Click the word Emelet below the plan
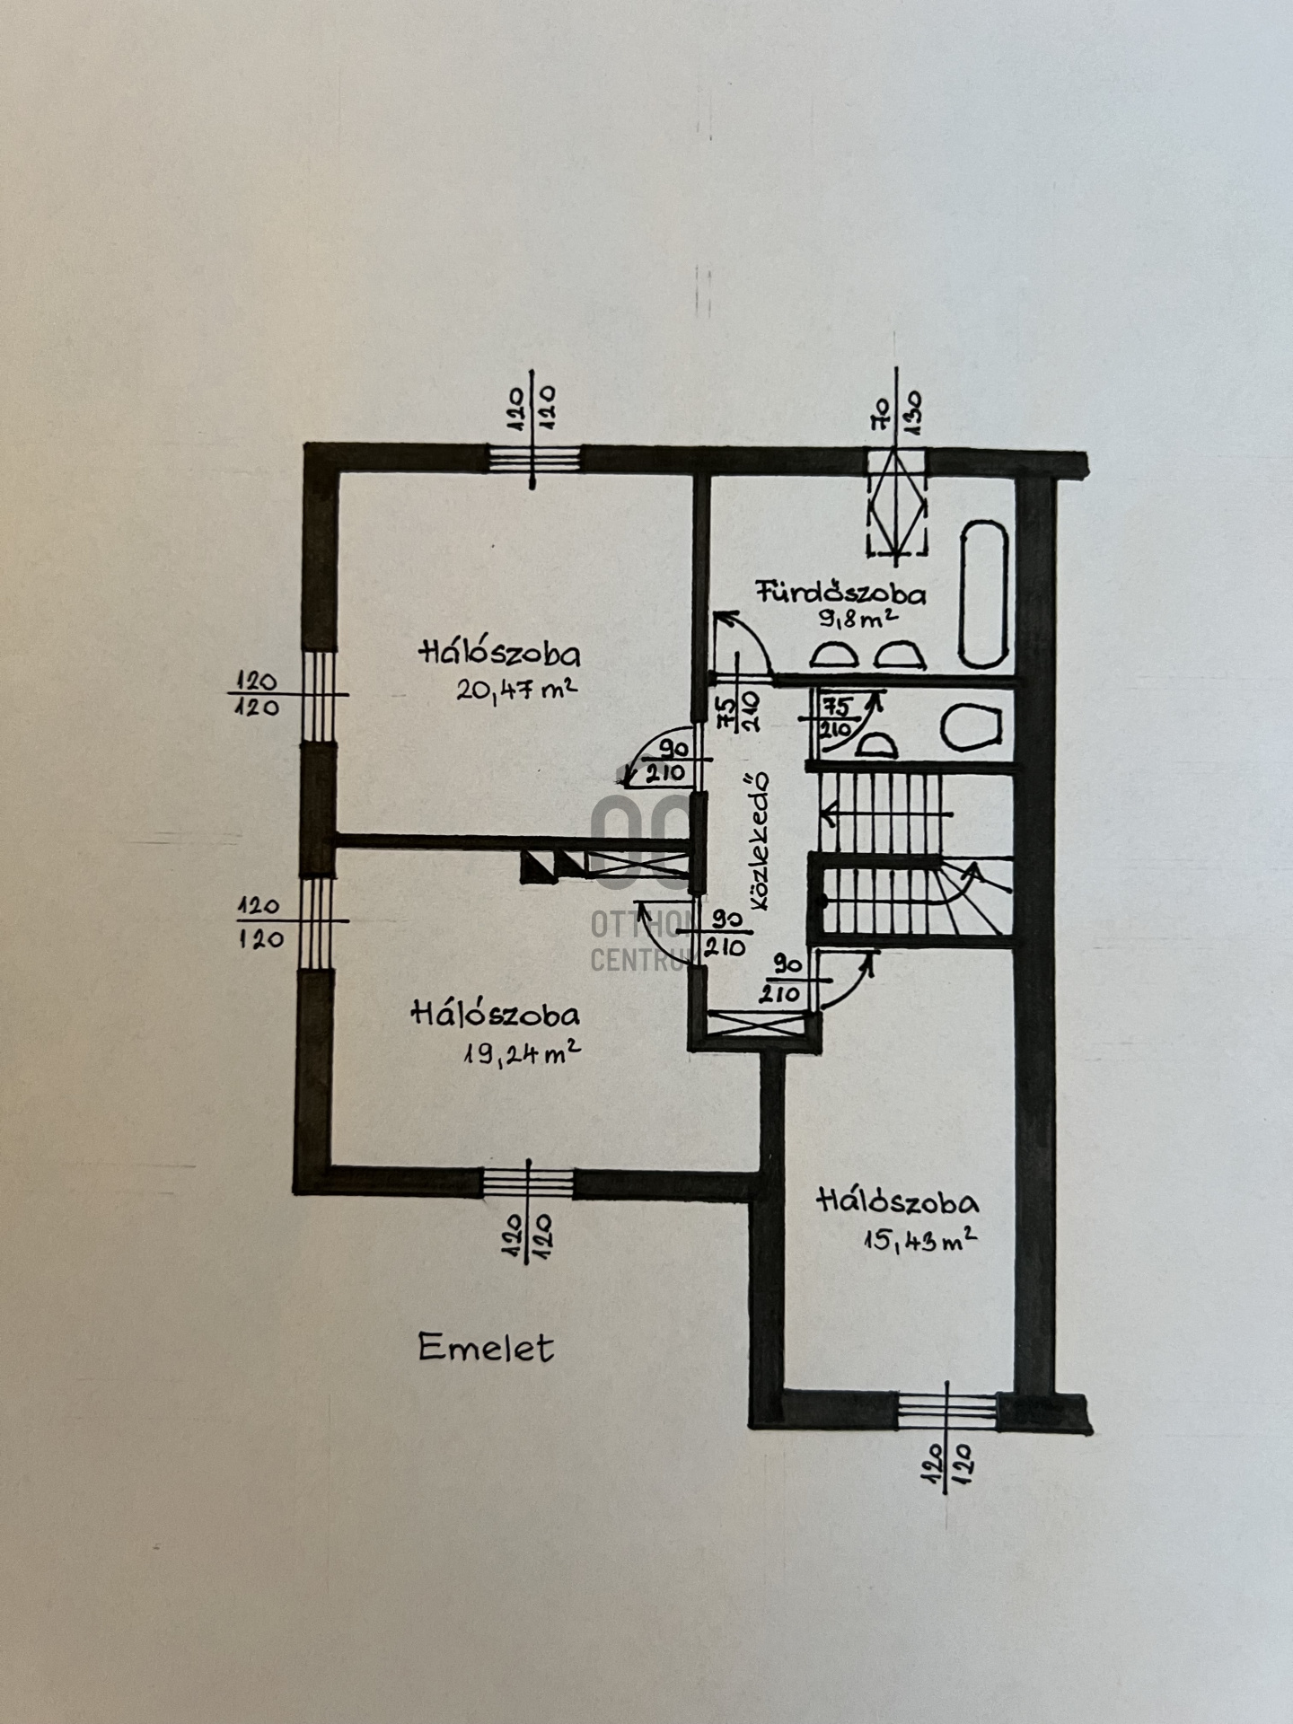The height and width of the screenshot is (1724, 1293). (486, 1349)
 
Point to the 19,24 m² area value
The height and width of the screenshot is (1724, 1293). (520, 1052)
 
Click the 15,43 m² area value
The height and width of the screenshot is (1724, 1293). (919, 1241)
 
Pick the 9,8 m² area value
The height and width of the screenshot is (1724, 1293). (857, 620)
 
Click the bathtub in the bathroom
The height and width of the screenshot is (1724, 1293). (983, 595)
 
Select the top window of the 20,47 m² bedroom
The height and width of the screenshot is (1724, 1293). (534, 460)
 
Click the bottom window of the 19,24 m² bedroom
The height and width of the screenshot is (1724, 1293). (528, 1183)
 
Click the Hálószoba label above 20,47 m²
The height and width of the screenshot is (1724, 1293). (499, 653)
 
